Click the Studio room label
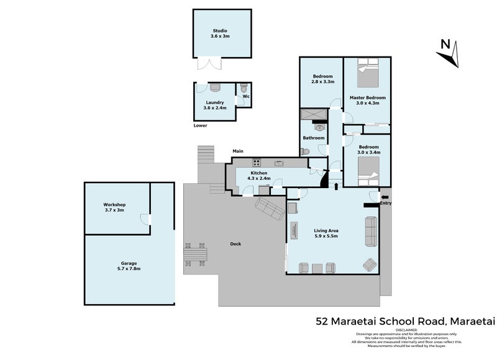[220, 30]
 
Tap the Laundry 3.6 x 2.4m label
[215, 106]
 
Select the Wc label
[246, 97]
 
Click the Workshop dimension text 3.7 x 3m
[114, 210]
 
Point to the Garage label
[129, 263]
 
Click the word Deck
[235, 243]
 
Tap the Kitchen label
[258, 173]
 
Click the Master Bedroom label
[367, 98]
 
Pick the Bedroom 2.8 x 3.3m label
[323, 79]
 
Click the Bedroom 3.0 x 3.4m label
[368, 150]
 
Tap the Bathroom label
[314, 138]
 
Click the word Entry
[386, 203]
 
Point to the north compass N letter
[445, 43]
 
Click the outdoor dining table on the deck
[194, 254]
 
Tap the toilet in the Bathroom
[304, 151]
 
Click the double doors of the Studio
[207, 64]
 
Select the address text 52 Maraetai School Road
[380, 321]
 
